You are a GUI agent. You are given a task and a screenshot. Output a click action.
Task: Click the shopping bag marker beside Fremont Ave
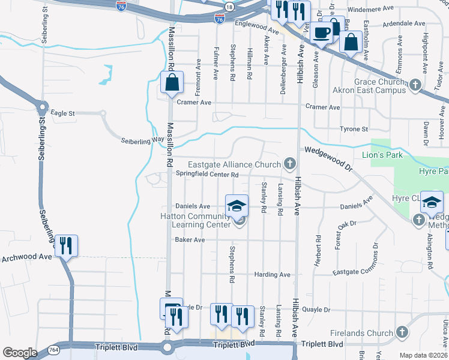pyautogui.click(x=172, y=84)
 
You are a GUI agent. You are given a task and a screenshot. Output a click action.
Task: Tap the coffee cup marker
pyautogui.click(x=321, y=34)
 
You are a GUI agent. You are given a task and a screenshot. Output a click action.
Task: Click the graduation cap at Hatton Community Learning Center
pyautogui.click(x=237, y=205)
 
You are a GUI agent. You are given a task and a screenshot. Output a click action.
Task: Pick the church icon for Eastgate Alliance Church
pyautogui.click(x=290, y=164)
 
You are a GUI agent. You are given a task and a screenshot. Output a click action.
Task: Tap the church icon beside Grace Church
pyautogui.click(x=415, y=86)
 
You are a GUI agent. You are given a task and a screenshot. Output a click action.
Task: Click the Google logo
pyautogui.click(x=20, y=353)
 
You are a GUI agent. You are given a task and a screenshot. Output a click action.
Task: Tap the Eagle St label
pyautogui.click(x=62, y=113)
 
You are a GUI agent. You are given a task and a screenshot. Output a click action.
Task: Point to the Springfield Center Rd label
pyautogui.click(x=207, y=175)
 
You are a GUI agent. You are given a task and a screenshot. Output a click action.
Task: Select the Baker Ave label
pyautogui.click(x=190, y=239)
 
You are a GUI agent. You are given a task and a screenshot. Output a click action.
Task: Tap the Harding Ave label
pyautogui.click(x=272, y=274)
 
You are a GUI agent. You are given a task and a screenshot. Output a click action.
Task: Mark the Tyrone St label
pyautogui.click(x=354, y=129)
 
